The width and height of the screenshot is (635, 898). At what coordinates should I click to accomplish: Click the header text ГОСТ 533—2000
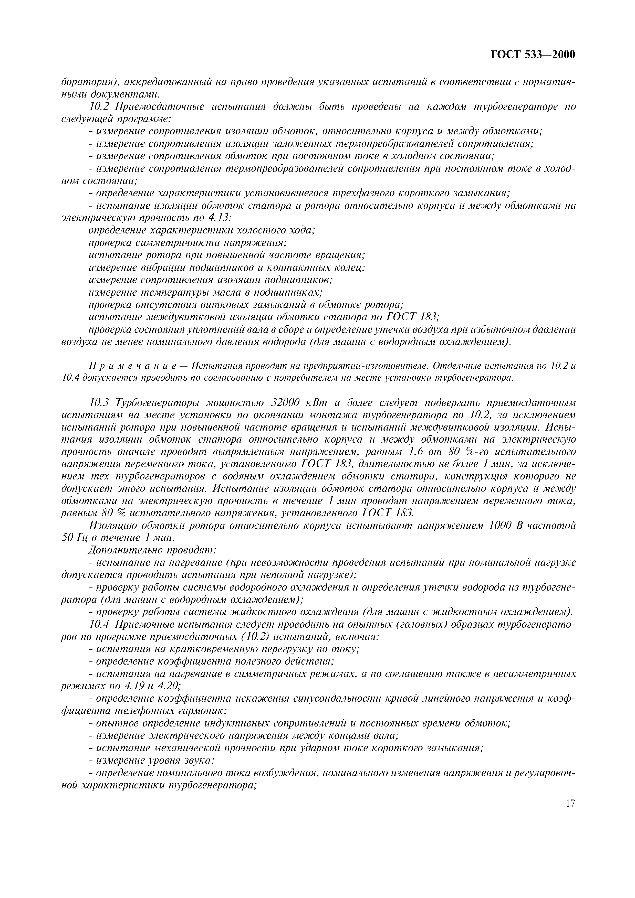coord(533,54)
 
